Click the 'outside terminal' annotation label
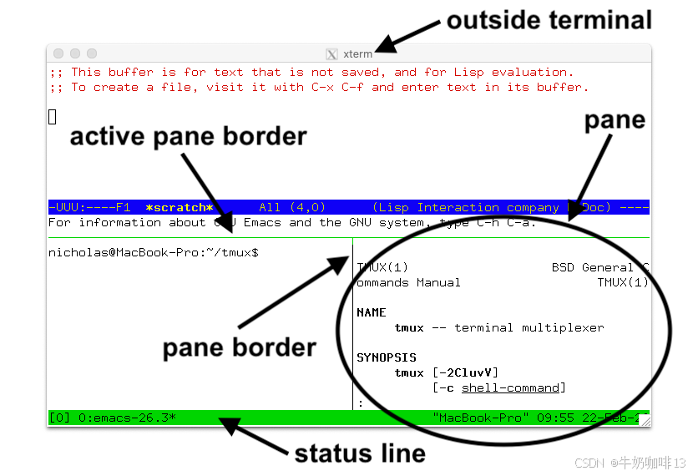coord(549,19)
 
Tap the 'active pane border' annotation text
coord(188,136)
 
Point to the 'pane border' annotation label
coord(239,347)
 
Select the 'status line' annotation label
coord(359,453)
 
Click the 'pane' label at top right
coord(615,120)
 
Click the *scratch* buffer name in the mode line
coord(179,208)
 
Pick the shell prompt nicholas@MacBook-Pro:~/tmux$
coord(153,252)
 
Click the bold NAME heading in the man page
coord(371,312)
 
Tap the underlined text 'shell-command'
coord(510,387)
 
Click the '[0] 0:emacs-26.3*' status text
coord(113,417)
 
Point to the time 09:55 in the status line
coord(556,417)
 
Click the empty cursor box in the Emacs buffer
coord(52,117)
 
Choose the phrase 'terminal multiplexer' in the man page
coord(529,327)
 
